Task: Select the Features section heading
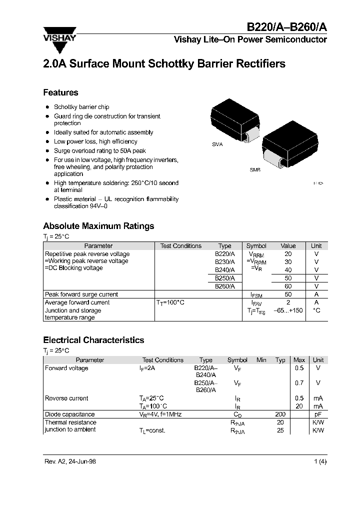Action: coord(60,92)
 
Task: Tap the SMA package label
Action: coord(217,144)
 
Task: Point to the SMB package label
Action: coord(255,170)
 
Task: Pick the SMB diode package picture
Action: coord(289,146)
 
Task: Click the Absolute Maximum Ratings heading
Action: coord(98,226)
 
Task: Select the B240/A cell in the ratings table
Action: coord(224,270)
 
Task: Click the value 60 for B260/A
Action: coord(288,286)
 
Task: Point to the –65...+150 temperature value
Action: coord(288,310)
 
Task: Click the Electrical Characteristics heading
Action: coord(93,340)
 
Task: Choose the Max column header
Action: coord(299,360)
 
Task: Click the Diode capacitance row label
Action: coord(69,414)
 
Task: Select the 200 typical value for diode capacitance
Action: coord(280,414)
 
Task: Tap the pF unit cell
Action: coord(318,414)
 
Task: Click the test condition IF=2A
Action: coord(147,368)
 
